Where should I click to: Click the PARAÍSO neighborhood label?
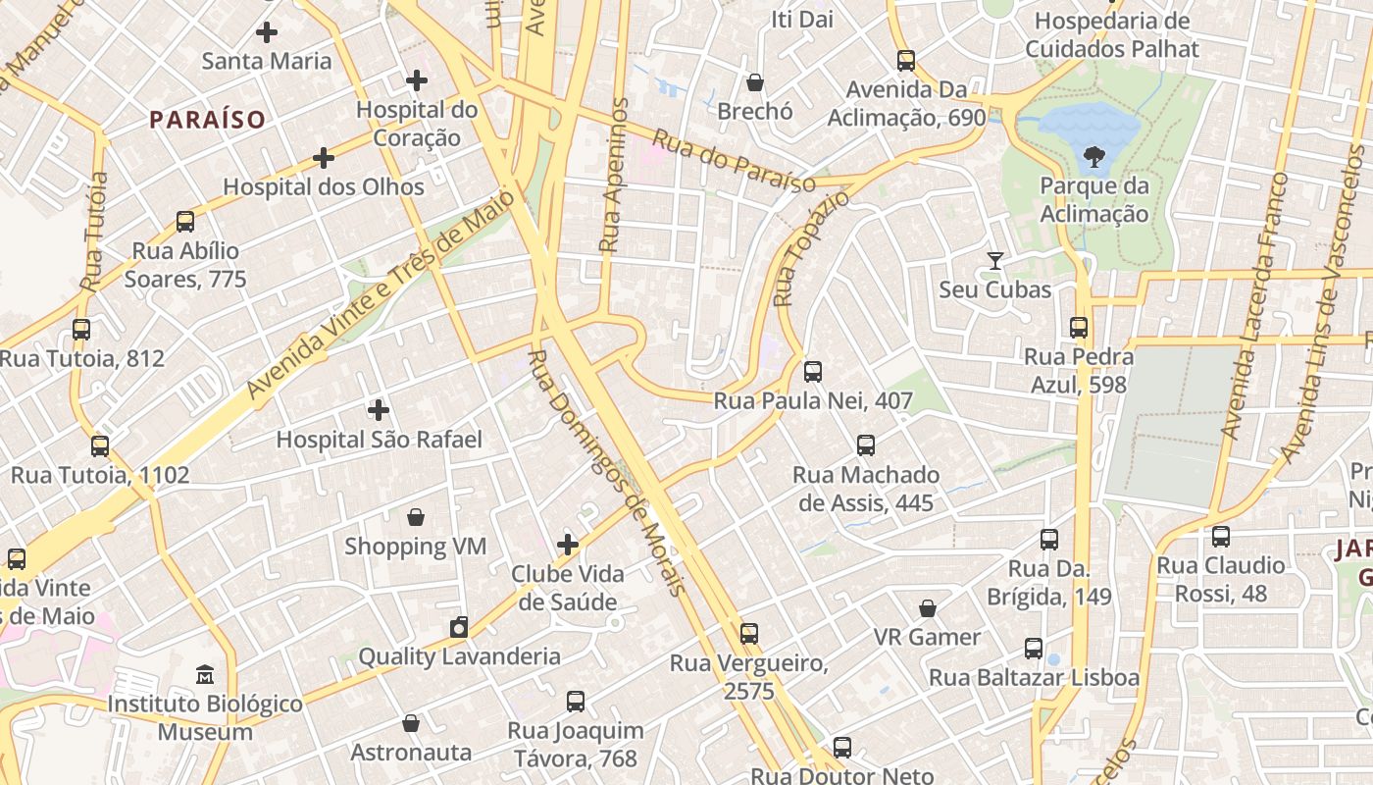(x=207, y=120)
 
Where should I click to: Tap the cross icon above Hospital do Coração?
(x=417, y=80)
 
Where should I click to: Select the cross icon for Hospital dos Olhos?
(x=324, y=158)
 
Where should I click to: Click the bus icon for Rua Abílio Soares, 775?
(x=185, y=222)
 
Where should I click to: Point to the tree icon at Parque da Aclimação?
(x=1093, y=156)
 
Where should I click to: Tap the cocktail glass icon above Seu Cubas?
(x=995, y=261)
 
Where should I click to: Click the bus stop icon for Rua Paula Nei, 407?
(x=813, y=372)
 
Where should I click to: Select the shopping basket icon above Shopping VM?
(x=416, y=517)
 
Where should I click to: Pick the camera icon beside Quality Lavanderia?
(x=458, y=628)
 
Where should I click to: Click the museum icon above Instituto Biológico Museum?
(x=205, y=675)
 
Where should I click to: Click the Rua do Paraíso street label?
(x=734, y=162)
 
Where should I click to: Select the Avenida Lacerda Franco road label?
(x=1253, y=304)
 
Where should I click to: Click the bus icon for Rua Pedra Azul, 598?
(x=1079, y=328)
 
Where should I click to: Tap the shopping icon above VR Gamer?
(x=928, y=608)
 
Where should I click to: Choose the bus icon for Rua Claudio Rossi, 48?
(x=1221, y=537)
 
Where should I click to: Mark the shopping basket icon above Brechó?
(x=755, y=82)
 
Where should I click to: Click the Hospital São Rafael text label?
(x=379, y=440)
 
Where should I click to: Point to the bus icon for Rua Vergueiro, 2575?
(x=749, y=634)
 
